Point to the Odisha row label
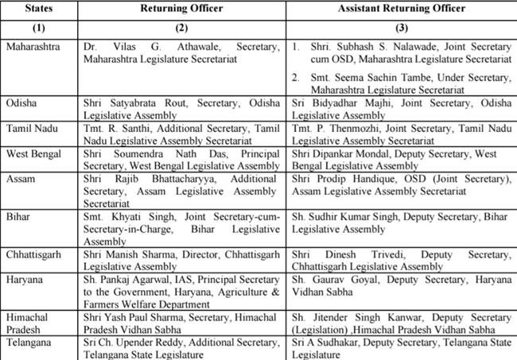[x=21, y=103]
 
